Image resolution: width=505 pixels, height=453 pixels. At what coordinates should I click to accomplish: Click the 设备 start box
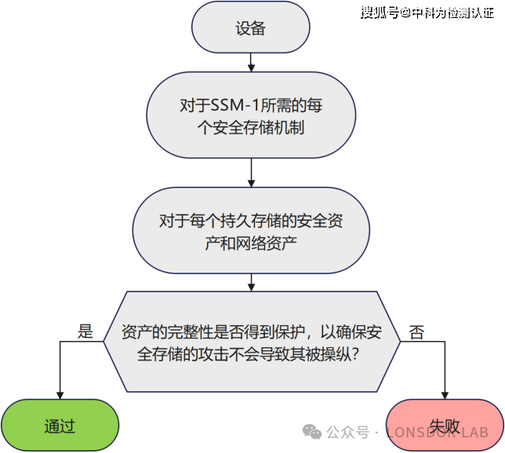click(250, 29)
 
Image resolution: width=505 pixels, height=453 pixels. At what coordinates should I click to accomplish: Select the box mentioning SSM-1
click(250, 116)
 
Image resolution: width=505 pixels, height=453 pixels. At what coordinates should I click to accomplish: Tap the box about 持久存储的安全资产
click(250, 232)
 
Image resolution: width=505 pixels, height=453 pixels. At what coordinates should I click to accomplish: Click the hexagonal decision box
click(251, 342)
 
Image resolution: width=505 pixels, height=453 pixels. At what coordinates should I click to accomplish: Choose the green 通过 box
click(60, 426)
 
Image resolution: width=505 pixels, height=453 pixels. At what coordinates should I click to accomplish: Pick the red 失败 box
click(445, 426)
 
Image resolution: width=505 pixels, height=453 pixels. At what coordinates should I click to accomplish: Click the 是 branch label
click(85, 331)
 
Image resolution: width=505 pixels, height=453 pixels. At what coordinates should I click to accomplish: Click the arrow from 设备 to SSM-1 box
click(250, 62)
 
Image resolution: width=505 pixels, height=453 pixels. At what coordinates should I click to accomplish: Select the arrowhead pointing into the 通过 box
click(60, 395)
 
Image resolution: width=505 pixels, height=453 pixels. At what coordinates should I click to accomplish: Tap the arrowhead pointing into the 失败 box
click(445, 395)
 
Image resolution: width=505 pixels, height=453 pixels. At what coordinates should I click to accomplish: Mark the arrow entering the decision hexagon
click(250, 281)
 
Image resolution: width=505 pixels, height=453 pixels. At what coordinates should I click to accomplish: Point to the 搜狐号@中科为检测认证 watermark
click(427, 13)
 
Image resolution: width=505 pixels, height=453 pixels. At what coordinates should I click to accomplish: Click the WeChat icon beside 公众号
click(312, 431)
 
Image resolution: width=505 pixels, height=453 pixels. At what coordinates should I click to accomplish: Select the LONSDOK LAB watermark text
click(435, 432)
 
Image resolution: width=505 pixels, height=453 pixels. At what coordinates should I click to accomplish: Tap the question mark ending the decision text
click(355, 353)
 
